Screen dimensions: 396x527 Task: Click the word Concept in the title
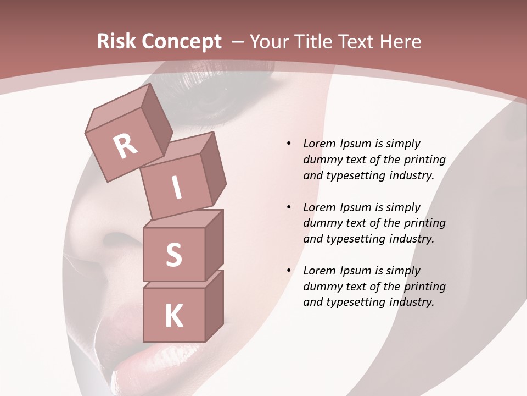pyautogui.click(x=181, y=42)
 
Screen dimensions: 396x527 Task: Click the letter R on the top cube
pyautogui.click(x=126, y=146)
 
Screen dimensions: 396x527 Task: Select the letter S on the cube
pyautogui.click(x=173, y=255)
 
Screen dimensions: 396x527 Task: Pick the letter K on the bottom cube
pyautogui.click(x=173, y=315)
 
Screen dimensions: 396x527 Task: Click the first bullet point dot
pyautogui.click(x=289, y=144)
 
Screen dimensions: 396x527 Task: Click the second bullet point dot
pyautogui.click(x=289, y=207)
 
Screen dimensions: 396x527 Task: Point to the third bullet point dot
pyautogui.click(x=289, y=271)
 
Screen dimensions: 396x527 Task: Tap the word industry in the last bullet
pyautogui.click(x=412, y=302)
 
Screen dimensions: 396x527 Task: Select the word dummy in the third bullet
pyautogui.click(x=321, y=287)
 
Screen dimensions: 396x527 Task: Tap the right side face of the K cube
pyautogui.click(x=214, y=305)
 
